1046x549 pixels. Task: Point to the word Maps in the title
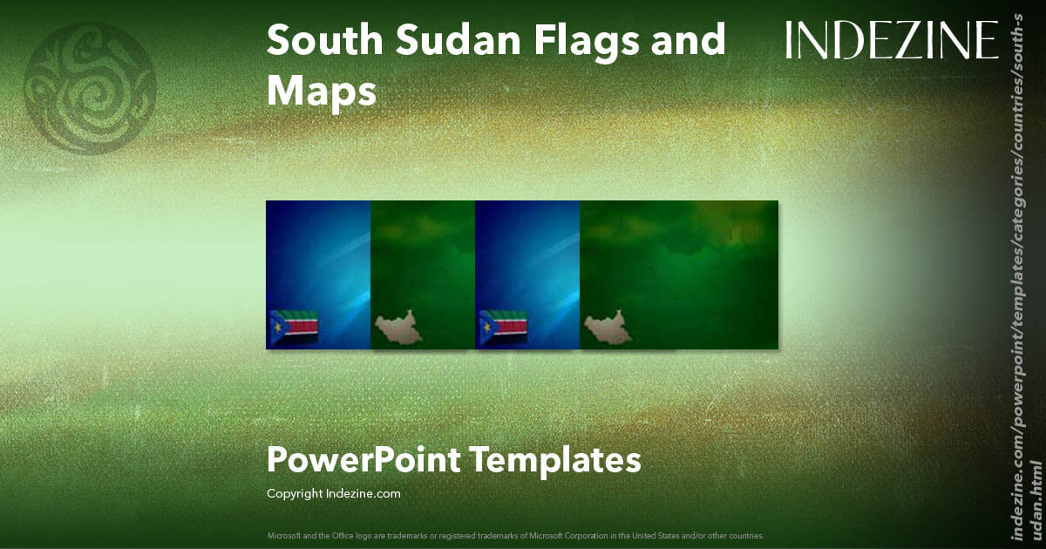click(322, 91)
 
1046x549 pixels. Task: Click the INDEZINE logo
click(892, 41)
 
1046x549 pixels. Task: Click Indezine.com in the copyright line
click(363, 494)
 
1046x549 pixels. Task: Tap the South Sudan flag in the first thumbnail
click(294, 328)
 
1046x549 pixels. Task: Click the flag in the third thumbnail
click(503, 328)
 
